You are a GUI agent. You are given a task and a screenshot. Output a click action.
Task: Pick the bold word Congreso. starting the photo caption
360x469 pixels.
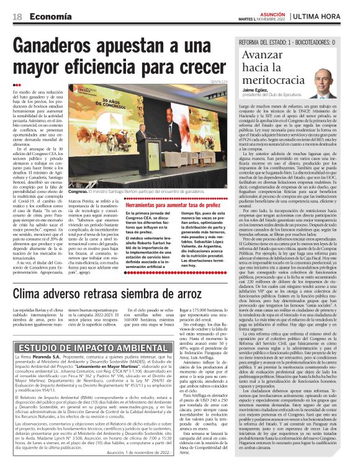[79, 192]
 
